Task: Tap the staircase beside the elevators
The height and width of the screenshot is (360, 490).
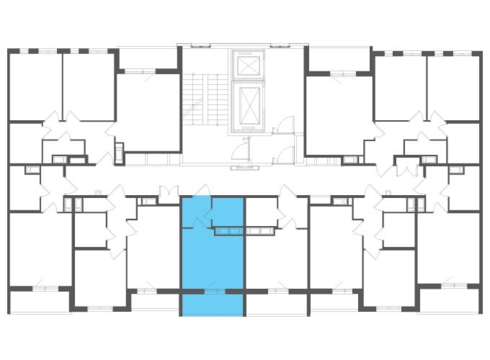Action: [x=205, y=100]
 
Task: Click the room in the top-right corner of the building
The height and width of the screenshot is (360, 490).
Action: [x=454, y=87]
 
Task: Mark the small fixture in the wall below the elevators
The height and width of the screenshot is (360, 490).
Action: [x=245, y=167]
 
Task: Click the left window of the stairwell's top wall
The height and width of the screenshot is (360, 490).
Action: [x=201, y=45]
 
